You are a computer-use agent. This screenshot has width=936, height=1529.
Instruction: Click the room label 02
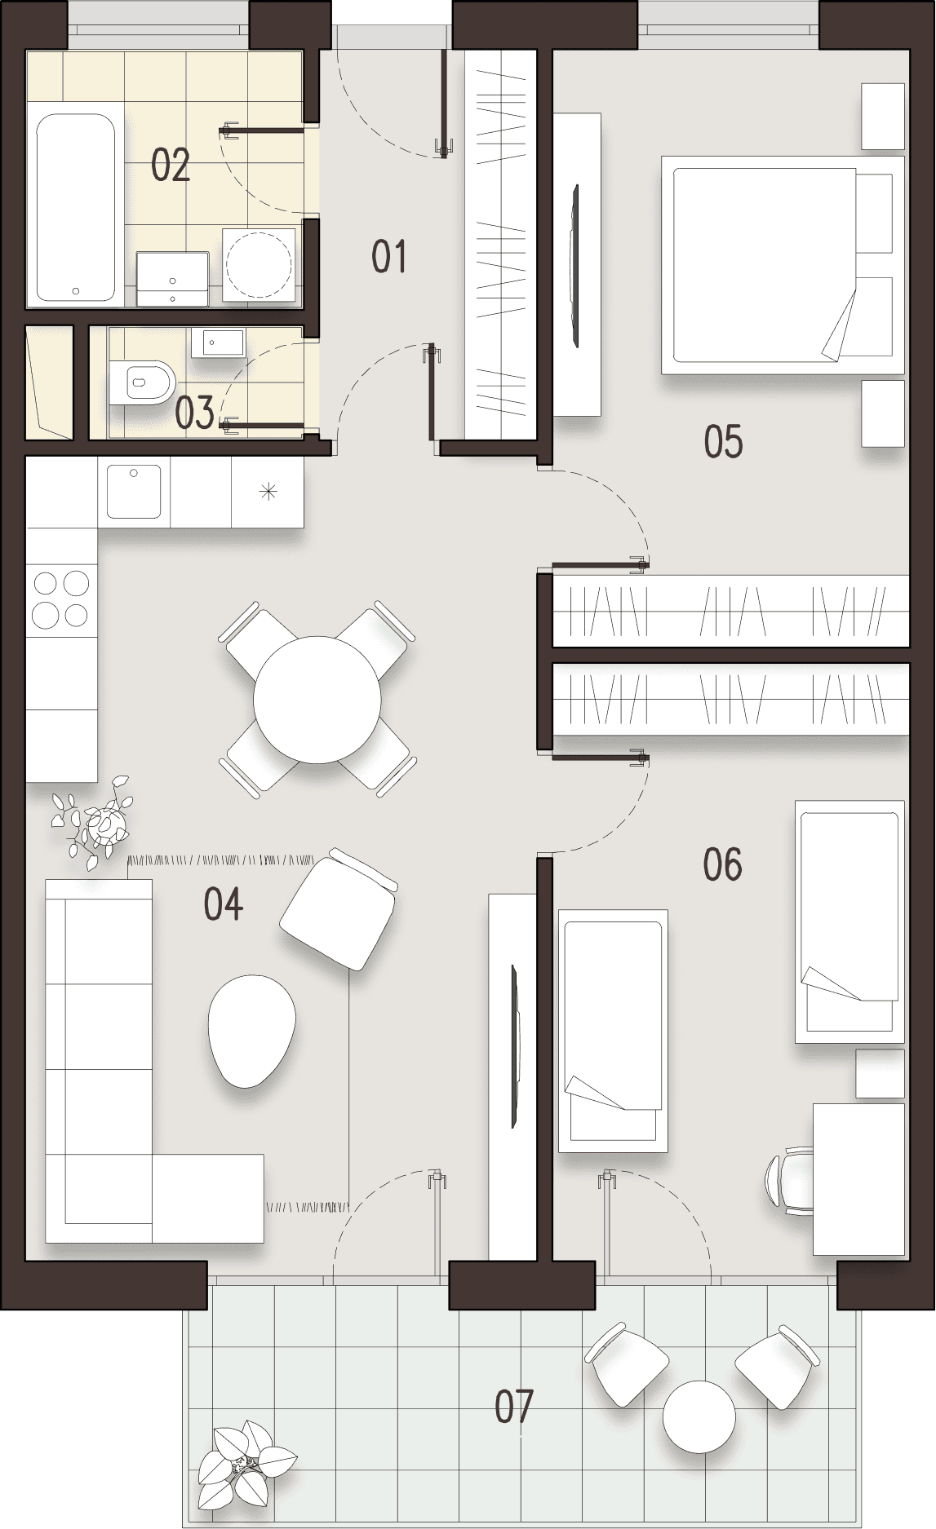tap(171, 166)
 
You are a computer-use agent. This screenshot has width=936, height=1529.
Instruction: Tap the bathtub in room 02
tap(75, 207)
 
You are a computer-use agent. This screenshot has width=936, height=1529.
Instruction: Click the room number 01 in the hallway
tap(388, 257)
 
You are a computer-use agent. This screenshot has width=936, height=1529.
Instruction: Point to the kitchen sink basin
tap(134, 492)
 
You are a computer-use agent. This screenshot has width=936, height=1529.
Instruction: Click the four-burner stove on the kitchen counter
tap(61, 599)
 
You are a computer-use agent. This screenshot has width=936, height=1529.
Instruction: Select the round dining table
tap(317, 700)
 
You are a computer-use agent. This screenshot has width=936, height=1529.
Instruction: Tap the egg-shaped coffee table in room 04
tap(251, 1031)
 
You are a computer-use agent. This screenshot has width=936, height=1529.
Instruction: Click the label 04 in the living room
tap(223, 904)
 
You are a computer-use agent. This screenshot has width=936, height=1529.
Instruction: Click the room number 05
tap(723, 442)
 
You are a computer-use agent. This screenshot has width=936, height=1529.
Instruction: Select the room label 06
tap(723, 864)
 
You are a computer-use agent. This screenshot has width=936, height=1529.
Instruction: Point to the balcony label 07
tap(514, 1407)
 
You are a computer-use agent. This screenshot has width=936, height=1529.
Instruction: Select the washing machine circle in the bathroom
tap(258, 264)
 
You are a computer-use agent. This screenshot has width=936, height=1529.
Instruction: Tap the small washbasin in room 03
tap(219, 343)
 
